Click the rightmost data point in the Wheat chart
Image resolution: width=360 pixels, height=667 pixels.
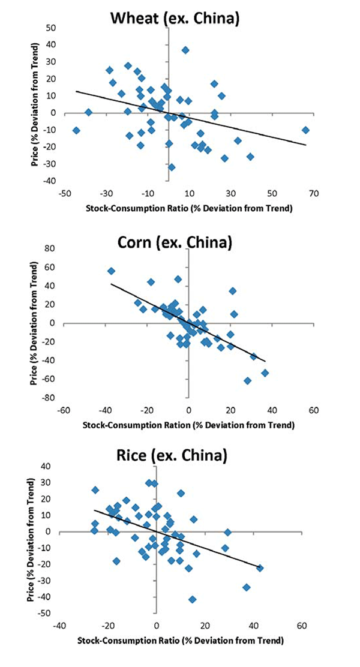[305, 130]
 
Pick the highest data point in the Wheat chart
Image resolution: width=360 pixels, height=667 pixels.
[185, 50]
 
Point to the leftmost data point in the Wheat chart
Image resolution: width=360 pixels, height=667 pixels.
[76, 130]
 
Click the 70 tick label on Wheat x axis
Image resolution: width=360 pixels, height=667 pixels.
[313, 194]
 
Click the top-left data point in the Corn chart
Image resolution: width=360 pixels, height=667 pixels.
[111, 271]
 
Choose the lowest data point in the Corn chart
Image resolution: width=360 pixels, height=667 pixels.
[247, 381]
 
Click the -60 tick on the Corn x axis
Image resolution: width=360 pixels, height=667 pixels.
[63, 411]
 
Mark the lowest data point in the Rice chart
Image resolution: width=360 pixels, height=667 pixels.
[192, 599]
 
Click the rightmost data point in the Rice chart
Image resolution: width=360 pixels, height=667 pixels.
[260, 568]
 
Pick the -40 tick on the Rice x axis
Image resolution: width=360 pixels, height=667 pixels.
[59, 626]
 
